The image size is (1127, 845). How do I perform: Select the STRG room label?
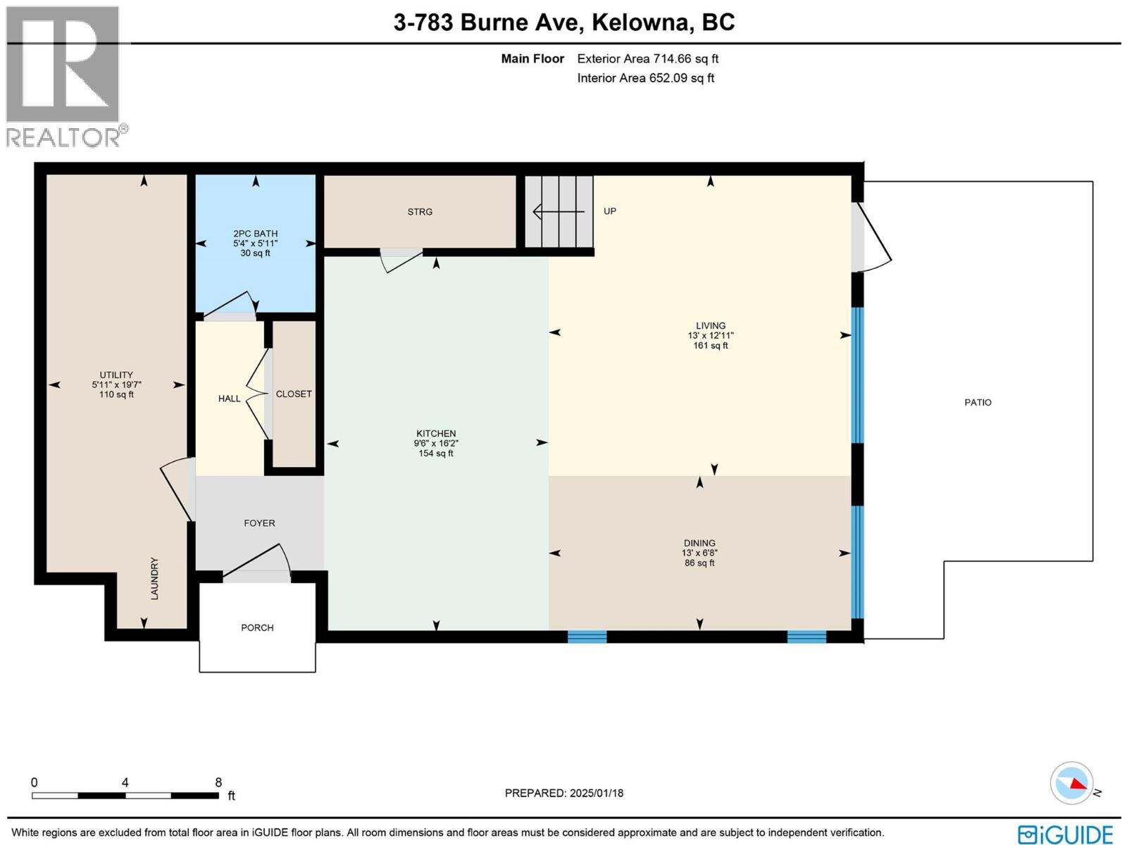click(420, 211)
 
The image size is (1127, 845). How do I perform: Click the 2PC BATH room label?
click(256, 233)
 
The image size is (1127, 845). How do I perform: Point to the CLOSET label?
click(294, 394)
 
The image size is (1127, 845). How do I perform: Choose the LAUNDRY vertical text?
click(154, 579)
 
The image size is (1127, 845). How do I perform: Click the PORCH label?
click(257, 627)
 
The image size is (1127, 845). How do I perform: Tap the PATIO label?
click(978, 402)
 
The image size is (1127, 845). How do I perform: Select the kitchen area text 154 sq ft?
click(436, 453)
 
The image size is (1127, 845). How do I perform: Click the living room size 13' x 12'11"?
click(711, 336)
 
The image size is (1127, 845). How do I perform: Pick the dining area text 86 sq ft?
click(699, 563)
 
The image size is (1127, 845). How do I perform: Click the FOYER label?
click(259, 523)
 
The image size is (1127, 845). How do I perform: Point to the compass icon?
click(1071, 782)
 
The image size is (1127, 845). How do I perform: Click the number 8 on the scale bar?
click(218, 782)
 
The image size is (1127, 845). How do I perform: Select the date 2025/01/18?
click(597, 793)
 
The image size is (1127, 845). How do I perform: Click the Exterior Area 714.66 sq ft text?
click(647, 59)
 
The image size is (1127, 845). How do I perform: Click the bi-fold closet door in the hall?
click(259, 394)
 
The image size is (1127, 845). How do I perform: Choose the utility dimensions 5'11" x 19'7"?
click(116, 384)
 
